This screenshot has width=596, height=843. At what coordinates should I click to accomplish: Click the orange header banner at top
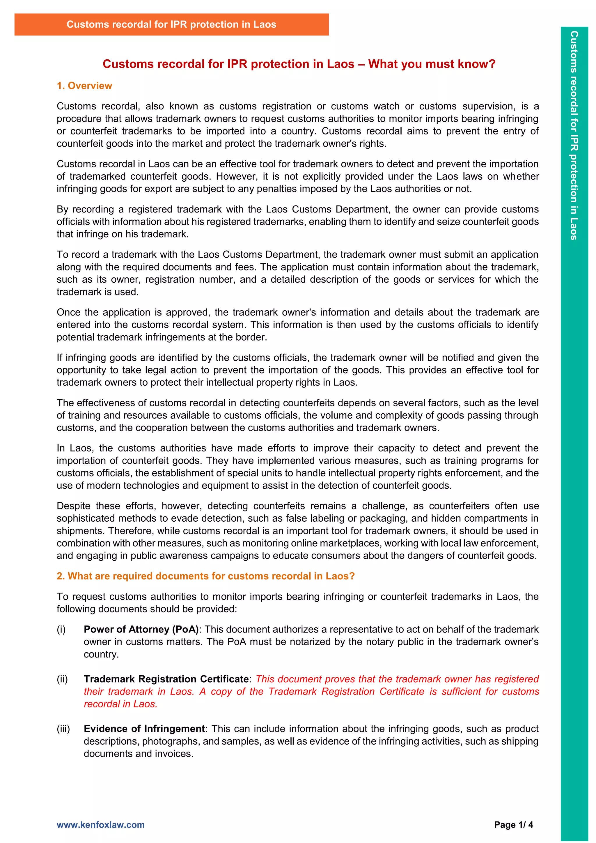[171, 25]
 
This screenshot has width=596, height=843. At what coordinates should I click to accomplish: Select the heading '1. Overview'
[84, 86]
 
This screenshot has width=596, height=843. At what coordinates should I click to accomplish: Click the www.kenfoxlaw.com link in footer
[101, 825]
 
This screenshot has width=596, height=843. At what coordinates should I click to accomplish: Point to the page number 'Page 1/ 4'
[513, 825]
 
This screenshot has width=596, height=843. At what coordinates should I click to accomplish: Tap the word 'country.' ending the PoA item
[101, 654]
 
